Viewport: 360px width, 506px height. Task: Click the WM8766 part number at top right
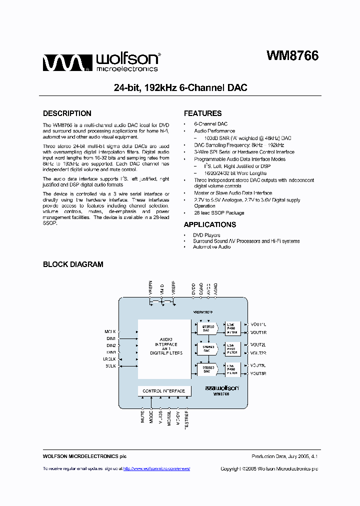(292, 56)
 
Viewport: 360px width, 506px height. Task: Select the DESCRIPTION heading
(67, 113)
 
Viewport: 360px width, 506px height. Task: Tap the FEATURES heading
(202, 113)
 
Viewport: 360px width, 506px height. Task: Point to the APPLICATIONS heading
(209, 225)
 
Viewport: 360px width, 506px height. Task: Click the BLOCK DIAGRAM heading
(73, 264)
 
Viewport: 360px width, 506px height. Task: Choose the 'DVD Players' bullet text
(206, 235)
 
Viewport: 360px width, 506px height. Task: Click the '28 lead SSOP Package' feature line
(219, 212)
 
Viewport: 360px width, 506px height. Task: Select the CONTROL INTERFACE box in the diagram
(163, 391)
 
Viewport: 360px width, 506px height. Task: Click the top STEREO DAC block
(206, 328)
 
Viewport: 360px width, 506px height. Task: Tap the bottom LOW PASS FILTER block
(232, 369)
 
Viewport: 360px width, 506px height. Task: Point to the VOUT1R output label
(258, 332)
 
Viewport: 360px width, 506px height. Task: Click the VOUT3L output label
(258, 365)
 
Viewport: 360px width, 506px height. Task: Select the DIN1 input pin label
(111, 338)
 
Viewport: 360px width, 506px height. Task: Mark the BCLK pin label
(110, 366)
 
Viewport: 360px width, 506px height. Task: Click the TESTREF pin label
(186, 419)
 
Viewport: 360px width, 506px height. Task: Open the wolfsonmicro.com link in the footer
(156, 468)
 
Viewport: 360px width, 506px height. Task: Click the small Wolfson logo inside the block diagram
(222, 387)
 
